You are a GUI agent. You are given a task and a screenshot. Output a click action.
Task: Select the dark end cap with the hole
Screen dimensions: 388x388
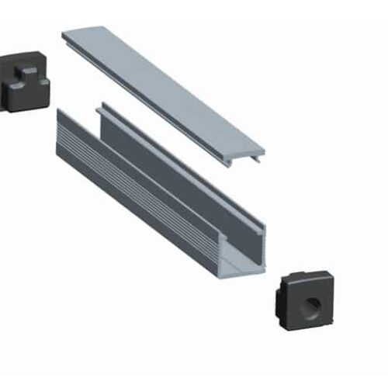pyautogui.click(x=306, y=299)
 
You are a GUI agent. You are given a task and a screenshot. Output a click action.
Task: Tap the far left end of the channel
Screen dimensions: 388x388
pyautogui.click(x=61, y=124)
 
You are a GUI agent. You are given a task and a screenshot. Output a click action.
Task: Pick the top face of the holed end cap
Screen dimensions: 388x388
pyautogui.click(x=307, y=277)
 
